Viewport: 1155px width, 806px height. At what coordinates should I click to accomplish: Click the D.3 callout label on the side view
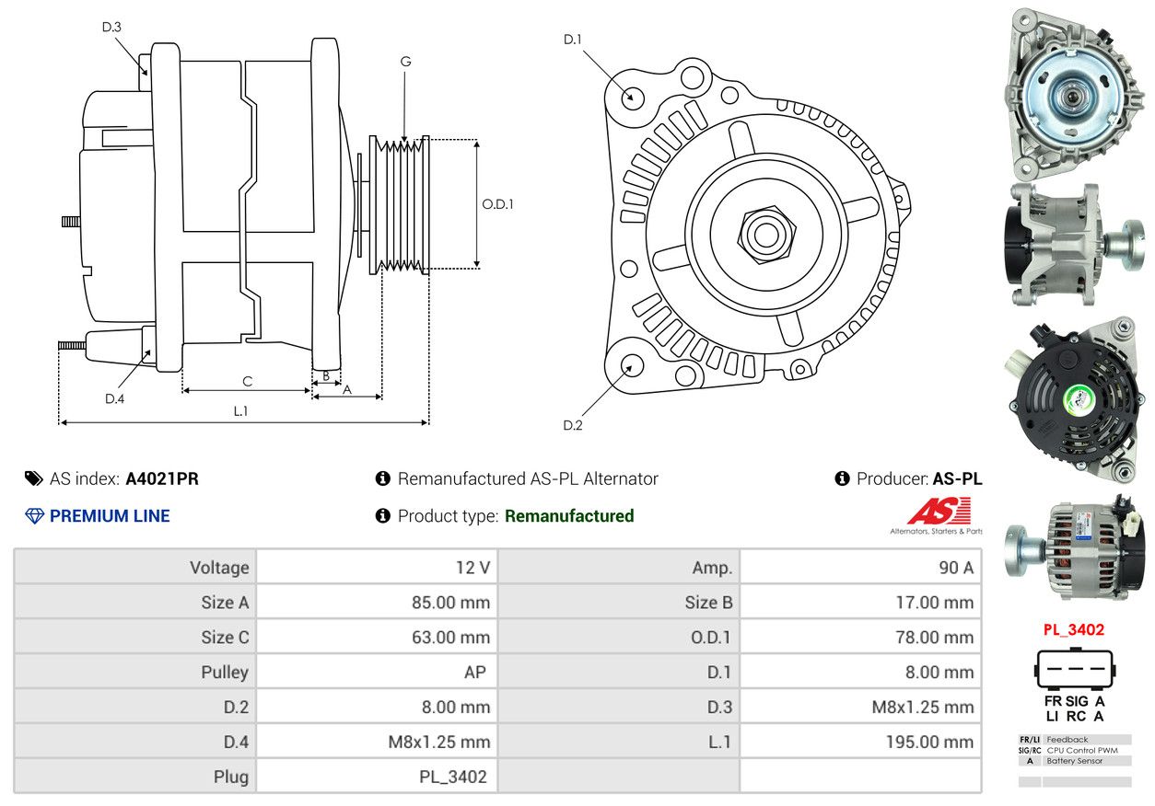click(111, 28)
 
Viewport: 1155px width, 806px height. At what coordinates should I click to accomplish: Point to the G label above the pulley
click(405, 62)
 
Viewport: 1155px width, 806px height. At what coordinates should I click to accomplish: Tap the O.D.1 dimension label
click(497, 204)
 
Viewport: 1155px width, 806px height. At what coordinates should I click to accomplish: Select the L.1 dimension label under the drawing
click(240, 411)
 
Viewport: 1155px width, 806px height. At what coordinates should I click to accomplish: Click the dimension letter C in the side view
click(247, 381)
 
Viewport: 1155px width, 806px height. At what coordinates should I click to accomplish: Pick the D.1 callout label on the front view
click(573, 39)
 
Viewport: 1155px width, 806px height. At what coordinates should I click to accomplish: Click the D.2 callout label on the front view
click(573, 425)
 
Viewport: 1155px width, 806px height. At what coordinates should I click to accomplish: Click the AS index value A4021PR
click(162, 478)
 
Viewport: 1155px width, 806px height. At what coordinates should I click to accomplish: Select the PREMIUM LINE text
click(110, 516)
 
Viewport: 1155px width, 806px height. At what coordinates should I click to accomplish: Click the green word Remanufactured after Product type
click(569, 516)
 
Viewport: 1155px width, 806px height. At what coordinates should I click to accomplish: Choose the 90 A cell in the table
click(955, 568)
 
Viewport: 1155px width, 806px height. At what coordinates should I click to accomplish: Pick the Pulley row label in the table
click(225, 673)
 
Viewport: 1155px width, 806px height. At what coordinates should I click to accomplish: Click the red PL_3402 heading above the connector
click(1073, 630)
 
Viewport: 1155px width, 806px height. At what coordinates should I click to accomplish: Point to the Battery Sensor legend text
click(1075, 761)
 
